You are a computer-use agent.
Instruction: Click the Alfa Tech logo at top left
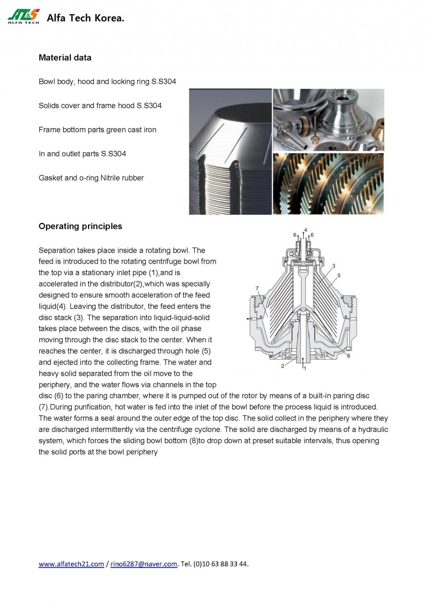pyautogui.click(x=23, y=17)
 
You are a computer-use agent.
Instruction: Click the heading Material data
pyautogui.click(x=65, y=58)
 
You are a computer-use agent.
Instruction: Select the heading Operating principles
pyautogui.click(x=80, y=226)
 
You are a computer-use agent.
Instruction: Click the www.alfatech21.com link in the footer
pyautogui.click(x=71, y=564)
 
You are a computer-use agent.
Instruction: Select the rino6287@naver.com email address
pyautogui.click(x=143, y=564)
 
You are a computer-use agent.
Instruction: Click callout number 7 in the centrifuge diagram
pyautogui.click(x=257, y=288)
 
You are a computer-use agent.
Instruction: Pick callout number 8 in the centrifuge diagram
pyautogui.click(x=348, y=356)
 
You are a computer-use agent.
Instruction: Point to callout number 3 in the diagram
pyautogui.click(x=333, y=266)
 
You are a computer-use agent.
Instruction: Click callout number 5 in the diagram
pyautogui.click(x=339, y=276)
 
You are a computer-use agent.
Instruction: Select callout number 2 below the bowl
pyautogui.click(x=283, y=366)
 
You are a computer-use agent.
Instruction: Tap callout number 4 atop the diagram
pyautogui.click(x=305, y=230)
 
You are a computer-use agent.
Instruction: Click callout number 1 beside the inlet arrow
pyautogui.click(x=305, y=368)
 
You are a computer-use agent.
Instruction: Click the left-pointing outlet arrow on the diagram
pyautogui.click(x=249, y=319)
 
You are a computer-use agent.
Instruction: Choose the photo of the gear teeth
pyautogui.click(x=328, y=184)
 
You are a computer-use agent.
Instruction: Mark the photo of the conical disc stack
pyautogui.click(x=230, y=152)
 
